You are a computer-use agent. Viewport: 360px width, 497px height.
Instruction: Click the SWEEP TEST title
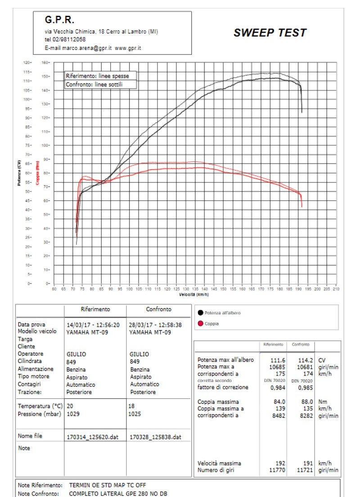[270, 33]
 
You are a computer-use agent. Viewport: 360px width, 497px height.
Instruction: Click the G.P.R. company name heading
[59, 20]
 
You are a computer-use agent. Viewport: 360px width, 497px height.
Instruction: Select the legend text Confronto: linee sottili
[94, 85]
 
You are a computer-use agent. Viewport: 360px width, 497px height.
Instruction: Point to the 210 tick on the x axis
[336, 289]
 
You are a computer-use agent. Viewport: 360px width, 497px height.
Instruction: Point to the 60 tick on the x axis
[54, 289]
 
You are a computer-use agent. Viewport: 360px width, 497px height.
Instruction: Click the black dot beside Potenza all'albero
[200, 313]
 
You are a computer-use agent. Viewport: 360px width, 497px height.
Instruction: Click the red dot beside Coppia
[200, 323]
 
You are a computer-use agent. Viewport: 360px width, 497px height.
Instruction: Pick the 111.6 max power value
[277, 360]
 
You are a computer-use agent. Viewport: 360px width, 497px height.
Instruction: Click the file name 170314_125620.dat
[92, 436]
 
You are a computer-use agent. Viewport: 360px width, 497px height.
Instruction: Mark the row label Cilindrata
[30, 361]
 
